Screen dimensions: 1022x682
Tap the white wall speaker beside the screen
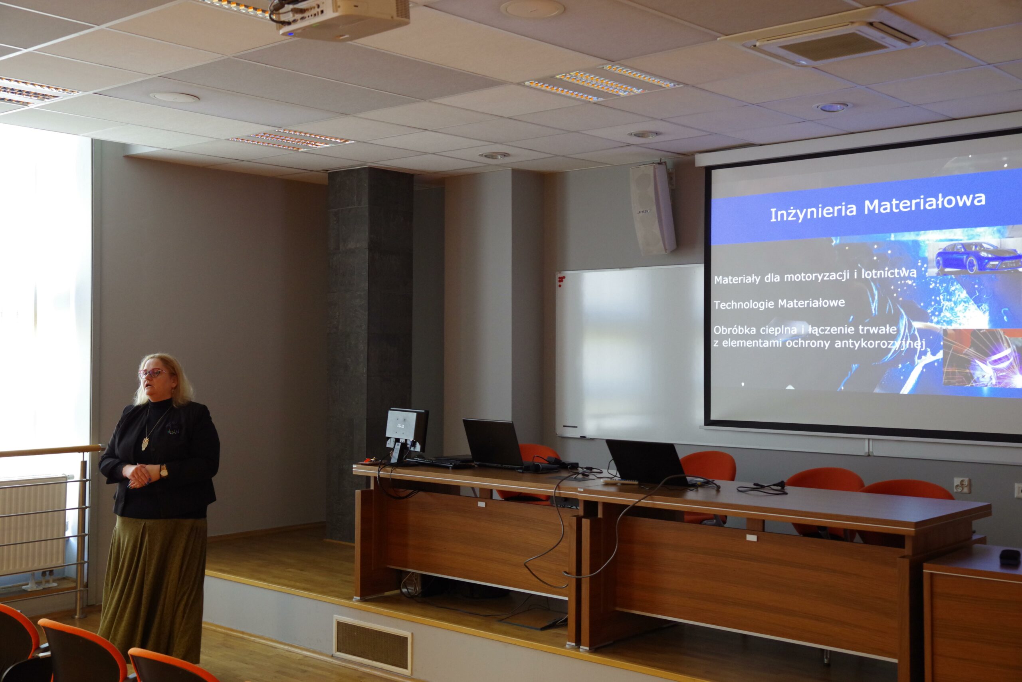653,208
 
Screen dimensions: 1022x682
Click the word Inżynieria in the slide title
813,211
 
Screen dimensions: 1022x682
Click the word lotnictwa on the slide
889,273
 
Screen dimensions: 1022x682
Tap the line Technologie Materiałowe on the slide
779,303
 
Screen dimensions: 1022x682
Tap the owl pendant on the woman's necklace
145,444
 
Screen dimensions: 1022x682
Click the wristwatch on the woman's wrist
164,471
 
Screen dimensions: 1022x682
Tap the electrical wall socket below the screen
961,485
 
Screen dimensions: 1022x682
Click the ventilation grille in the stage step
372,645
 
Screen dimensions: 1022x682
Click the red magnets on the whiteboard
561,281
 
